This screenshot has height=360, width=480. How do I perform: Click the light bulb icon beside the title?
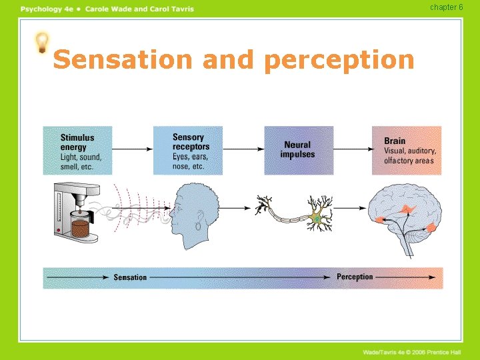coord(42,42)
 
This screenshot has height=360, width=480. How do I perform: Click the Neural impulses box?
coord(297,150)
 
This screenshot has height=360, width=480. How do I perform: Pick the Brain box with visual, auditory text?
coord(407,151)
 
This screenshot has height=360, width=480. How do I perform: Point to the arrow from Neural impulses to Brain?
coord(352,150)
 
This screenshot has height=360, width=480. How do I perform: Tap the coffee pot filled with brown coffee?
coord(81,227)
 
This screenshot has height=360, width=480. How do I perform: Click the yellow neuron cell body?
coord(317,217)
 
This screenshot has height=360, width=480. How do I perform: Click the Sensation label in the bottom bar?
coord(130,277)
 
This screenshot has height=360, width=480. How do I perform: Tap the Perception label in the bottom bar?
coord(355,277)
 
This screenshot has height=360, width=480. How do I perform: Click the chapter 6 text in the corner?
coord(446,7)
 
